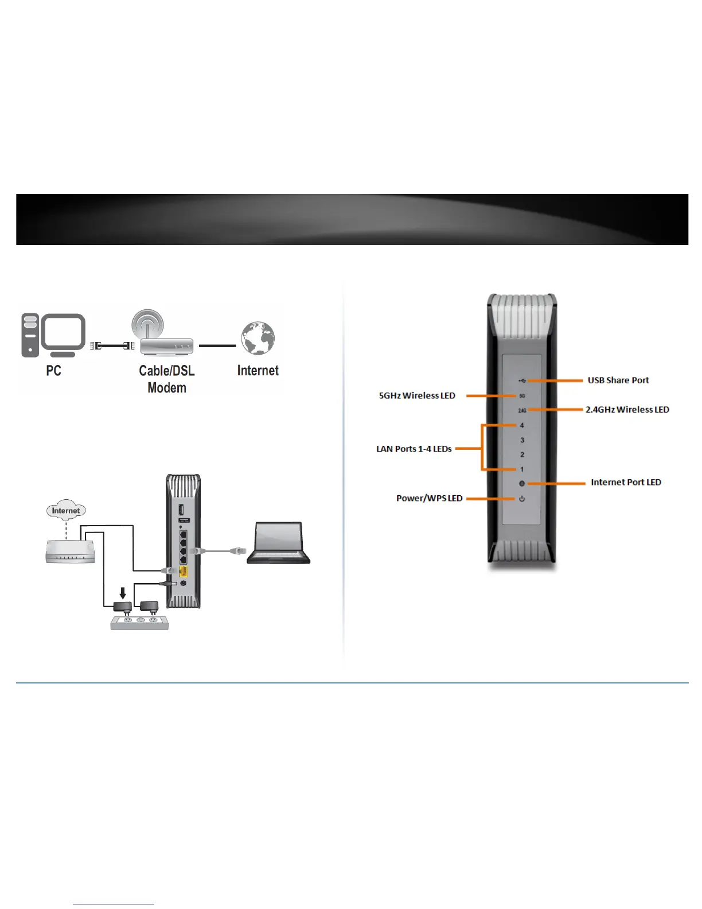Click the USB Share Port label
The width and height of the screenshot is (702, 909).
pos(618,380)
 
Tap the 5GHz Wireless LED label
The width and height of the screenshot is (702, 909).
pos(417,396)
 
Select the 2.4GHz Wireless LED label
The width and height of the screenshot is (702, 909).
pos(627,410)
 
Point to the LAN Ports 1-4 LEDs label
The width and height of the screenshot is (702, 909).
pos(414,449)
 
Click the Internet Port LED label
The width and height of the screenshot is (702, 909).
pos(626,483)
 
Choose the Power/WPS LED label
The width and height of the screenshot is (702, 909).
pos(429,498)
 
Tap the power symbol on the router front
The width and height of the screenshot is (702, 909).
pos(522,499)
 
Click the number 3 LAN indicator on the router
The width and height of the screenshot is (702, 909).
pos(522,440)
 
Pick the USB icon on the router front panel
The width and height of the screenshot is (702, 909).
pos(522,380)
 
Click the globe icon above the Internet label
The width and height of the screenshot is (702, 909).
pos(258,339)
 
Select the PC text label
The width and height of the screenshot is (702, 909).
pos(53,371)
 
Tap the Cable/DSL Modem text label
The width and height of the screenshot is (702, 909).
pos(167,379)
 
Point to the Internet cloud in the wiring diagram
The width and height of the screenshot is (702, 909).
pos(66,510)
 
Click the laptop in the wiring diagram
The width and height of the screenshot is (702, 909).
pos(278,543)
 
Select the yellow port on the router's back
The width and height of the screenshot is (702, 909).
pos(184,571)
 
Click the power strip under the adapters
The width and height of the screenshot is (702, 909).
pos(139,623)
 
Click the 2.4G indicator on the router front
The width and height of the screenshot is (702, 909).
pos(522,410)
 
